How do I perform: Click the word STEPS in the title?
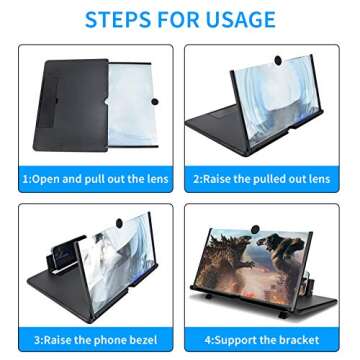(x=118, y=19)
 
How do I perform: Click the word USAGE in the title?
(x=242, y=19)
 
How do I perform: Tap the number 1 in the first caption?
(x=25, y=179)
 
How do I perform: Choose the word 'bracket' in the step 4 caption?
(x=299, y=340)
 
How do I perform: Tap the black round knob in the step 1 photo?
(x=154, y=101)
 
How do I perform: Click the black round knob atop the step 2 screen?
(x=278, y=60)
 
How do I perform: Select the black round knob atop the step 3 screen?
(x=118, y=222)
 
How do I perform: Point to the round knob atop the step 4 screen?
(x=256, y=230)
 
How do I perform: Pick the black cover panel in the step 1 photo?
(x=71, y=105)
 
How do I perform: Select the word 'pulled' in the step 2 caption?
(x=271, y=179)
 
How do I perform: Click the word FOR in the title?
(x=179, y=19)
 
